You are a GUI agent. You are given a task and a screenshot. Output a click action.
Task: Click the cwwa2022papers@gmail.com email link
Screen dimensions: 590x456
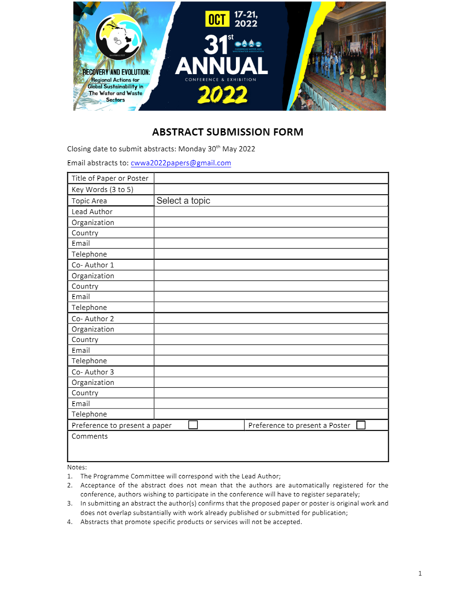click(181, 163)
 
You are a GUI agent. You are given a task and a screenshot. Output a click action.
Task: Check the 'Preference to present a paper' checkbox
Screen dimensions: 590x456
click(193, 425)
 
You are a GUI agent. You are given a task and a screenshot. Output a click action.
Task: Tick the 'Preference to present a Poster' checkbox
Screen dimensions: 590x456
click(361, 425)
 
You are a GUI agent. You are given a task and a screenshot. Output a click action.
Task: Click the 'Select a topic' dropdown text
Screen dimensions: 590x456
click(183, 201)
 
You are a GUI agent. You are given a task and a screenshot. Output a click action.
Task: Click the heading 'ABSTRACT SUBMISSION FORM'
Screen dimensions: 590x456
click(228, 132)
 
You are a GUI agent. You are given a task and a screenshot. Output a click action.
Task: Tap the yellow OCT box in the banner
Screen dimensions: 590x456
click(217, 19)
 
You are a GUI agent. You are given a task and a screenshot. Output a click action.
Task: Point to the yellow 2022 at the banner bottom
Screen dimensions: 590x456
click(222, 95)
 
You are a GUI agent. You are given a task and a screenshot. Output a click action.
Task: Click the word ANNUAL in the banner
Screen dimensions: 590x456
click(221, 66)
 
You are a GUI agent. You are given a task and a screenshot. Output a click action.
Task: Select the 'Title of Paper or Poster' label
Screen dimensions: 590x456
click(110, 178)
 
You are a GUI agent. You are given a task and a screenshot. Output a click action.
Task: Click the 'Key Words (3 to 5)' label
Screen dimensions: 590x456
click(103, 190)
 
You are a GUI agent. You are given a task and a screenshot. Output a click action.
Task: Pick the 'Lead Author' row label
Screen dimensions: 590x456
click(92, 211)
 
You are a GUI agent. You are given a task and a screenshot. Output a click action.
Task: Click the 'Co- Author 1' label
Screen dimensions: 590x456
click(93, 265)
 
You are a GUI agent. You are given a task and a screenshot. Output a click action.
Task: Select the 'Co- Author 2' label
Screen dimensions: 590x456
click(93, 318)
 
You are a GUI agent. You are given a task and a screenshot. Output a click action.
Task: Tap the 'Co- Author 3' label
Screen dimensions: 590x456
click(93, 372)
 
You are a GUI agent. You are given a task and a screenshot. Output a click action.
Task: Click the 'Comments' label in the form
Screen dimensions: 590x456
click(90, 436)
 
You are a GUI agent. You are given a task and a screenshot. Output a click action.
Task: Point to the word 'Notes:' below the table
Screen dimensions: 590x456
click(77, 467)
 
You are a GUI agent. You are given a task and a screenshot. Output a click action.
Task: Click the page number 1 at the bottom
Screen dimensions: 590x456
click(420, 573)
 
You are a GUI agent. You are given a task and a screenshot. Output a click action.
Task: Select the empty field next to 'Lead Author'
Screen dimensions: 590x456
click(271, 211)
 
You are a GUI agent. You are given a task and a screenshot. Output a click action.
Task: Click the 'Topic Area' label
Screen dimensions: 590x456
click(89, 201)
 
